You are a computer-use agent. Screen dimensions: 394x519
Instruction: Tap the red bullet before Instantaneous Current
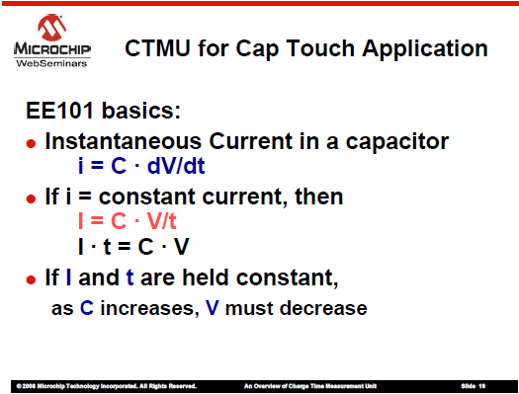point(31,143)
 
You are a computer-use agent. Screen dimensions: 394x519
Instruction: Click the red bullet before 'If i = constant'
point(31,198)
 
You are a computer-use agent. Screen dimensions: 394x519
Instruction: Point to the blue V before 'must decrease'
point(213,308)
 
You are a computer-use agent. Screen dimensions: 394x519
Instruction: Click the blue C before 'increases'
point(87,308)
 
